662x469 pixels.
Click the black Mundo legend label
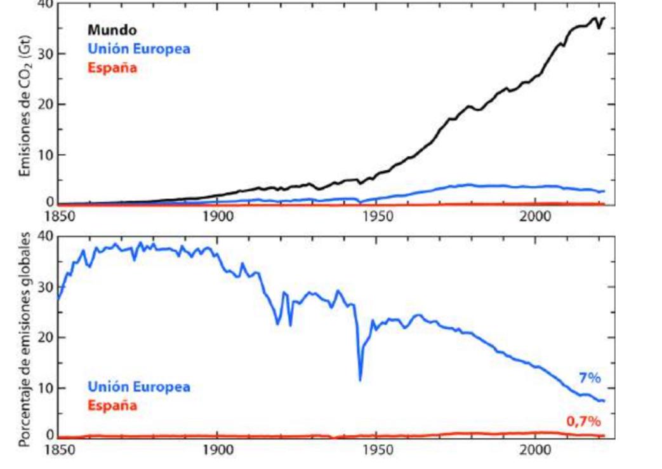click(112, 29)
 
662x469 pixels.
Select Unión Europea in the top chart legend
click(138, 48)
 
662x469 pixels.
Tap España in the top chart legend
click(112, 67)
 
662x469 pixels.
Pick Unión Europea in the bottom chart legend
click(138, 386)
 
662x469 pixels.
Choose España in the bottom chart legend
click(112, 405)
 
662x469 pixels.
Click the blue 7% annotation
click(589, 378)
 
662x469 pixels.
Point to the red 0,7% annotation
click(583, 421)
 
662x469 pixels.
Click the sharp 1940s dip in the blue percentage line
click(361, 379)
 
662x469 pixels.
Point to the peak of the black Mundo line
click(595, 18)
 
